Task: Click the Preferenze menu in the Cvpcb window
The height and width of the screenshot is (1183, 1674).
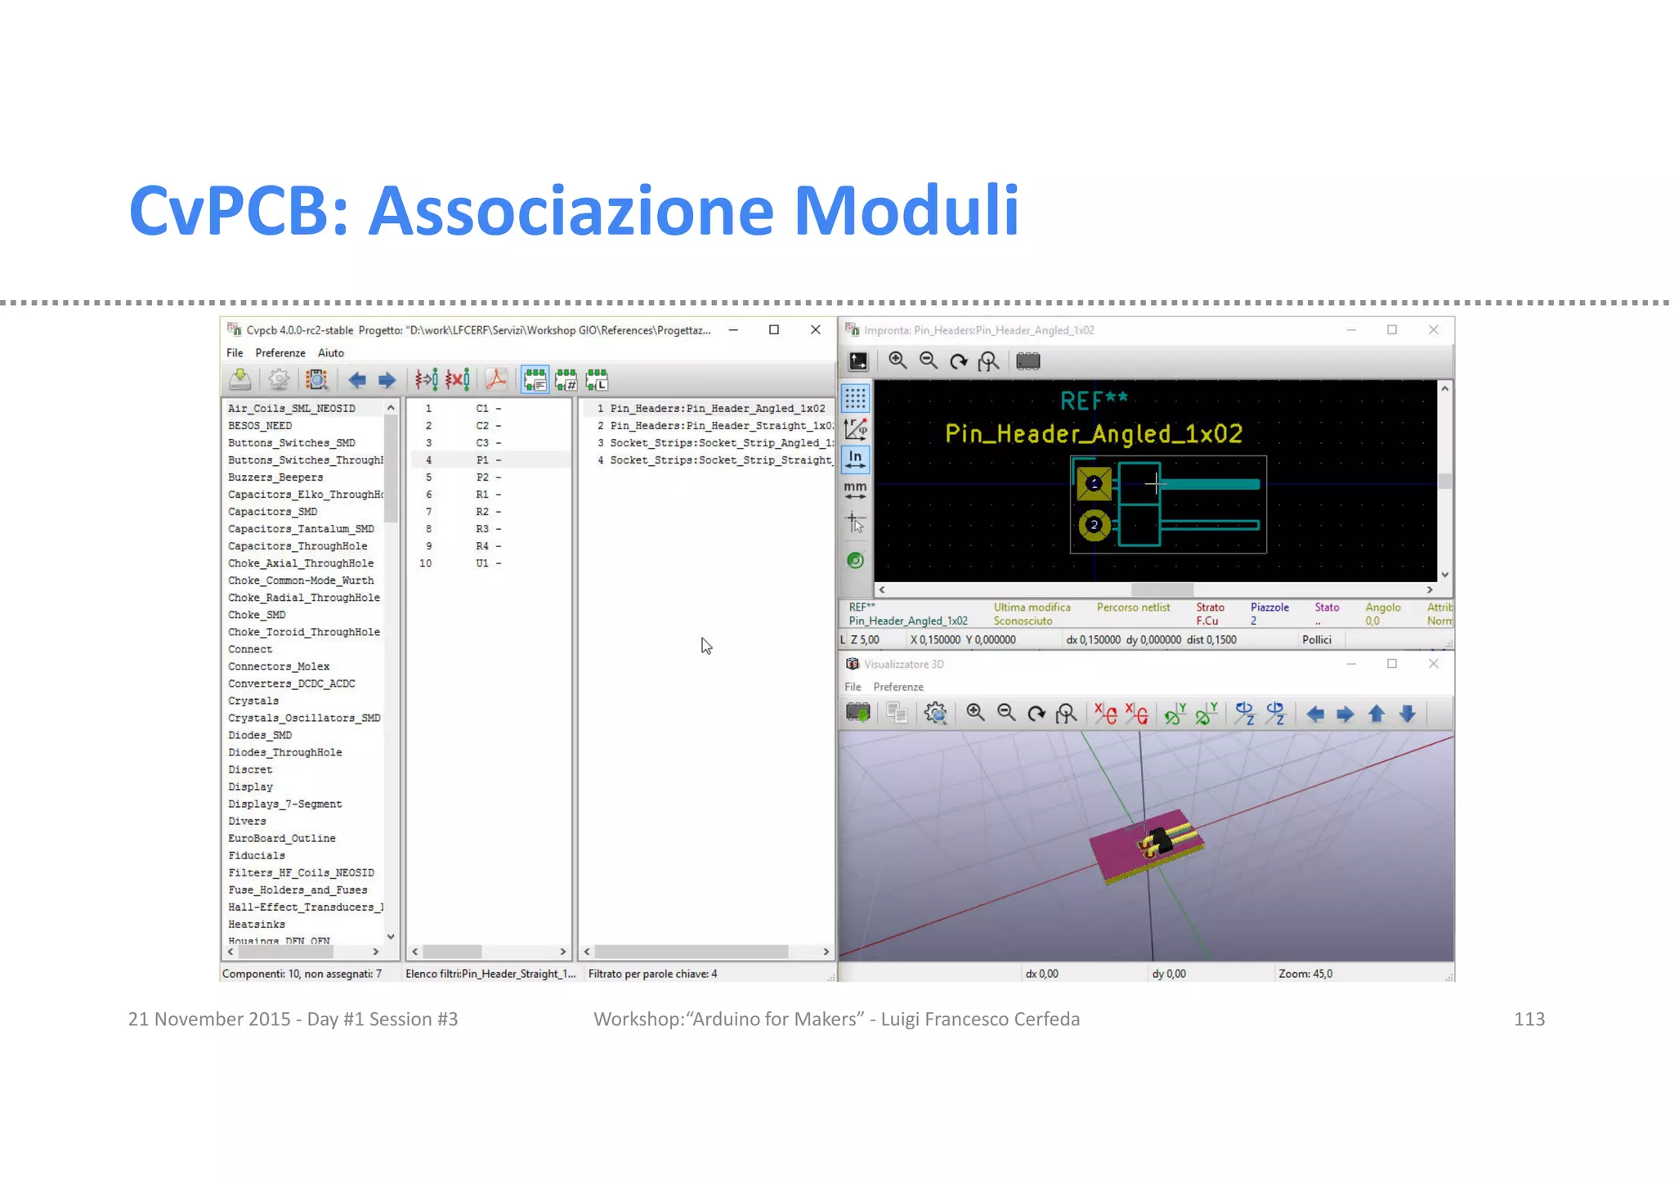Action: [x=280, y=353]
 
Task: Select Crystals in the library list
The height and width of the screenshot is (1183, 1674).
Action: [x=253, y=701]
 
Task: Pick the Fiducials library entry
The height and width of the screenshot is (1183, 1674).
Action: [x=257, y=856]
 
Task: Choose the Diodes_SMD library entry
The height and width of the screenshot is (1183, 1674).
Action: [x=260, y=736]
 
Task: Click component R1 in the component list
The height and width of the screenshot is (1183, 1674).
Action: [x=482, y=495]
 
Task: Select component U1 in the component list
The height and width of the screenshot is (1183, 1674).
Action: [x=482, y=563]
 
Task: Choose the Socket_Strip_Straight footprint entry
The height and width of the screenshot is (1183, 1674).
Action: [x=720, y=461]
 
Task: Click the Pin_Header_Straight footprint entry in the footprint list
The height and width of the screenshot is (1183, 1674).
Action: [x=720, y=426]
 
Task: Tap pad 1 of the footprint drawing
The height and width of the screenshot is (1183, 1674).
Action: [x=1094, y=483]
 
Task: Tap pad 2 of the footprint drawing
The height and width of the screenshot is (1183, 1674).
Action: [x=1094, y=525]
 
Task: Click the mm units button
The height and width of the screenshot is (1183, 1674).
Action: [x=855, y=490]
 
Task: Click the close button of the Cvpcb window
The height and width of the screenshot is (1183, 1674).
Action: [x=815, y=330]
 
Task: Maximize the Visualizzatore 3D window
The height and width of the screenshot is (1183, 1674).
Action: [x=1392, y=664]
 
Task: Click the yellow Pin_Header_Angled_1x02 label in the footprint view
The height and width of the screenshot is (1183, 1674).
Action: [x=1094, y=434]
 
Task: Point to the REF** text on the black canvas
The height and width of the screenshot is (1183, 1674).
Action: [x=1094, y=401]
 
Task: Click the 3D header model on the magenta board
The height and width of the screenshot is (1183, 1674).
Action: [x=1162, y=841]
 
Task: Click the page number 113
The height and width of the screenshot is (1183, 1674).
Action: [x=1529, y=1019]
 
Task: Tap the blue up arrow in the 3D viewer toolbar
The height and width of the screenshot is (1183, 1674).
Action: [x=1376, y=715]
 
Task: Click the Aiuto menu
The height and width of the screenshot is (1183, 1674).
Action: [x=330, y=353]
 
